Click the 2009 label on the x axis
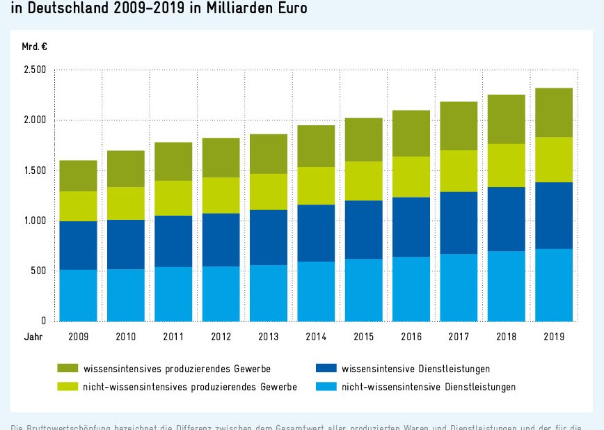tap(78, 337)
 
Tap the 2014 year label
tap(316, 337)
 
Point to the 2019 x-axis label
tap(554, 337)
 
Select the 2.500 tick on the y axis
tap(35, 70)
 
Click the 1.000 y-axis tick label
tap(35, 221)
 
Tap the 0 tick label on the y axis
tap(43, 321)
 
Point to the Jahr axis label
tap(32, 337)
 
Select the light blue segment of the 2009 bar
tap(78, 296)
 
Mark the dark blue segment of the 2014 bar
tap(316, 233)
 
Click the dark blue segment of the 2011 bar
tap(173, 241)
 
